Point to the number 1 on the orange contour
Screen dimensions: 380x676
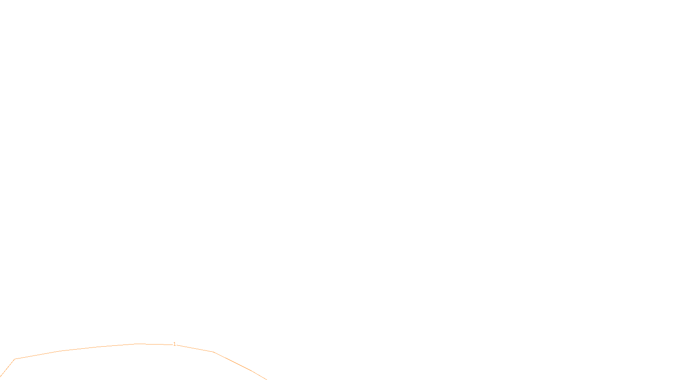[x=174, y=344]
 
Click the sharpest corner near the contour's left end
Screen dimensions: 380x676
[x=15, y=359]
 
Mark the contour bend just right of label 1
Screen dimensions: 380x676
[x=213, y=352]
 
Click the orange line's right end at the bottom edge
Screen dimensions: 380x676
[x=266, y=379]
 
